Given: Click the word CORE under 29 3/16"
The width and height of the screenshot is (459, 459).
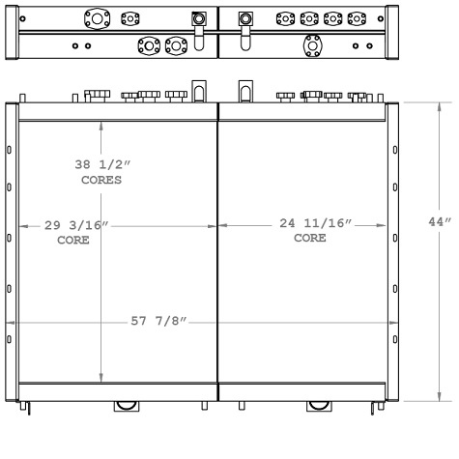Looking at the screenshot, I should tap(72, 240).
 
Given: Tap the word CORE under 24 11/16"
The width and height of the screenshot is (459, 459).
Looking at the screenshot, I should tap(310, 238).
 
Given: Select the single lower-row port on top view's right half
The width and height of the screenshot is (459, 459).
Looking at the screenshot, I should tap(310, 44).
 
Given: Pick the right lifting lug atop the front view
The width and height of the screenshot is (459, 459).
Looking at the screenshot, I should tap(242, 92).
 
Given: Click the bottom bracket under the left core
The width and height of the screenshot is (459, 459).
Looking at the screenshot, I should tap(126, 405).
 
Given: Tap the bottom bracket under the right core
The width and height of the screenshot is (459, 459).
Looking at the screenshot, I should tap(315, 405).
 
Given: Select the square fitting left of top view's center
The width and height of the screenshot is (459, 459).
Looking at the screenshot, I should tap(198, 18).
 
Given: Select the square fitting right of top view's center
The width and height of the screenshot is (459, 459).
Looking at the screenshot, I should tap(244, 18).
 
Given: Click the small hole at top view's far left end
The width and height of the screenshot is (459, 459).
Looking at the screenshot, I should tap(22, 18).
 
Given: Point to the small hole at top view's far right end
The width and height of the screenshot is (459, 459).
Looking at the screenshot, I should tap(380, 18).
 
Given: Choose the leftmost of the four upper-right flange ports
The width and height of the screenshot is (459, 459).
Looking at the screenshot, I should tap(285, 18).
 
